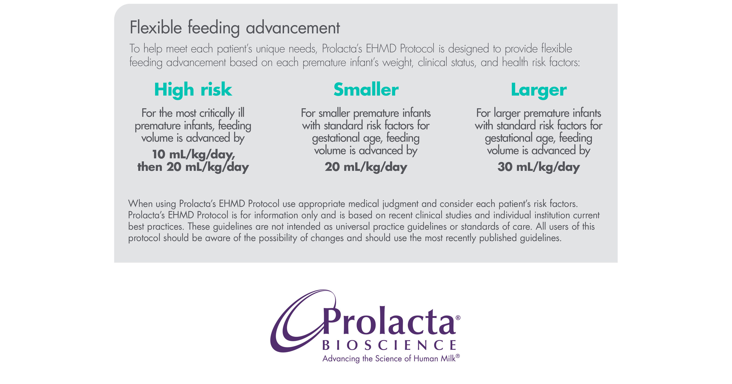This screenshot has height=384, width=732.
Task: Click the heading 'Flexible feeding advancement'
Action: [x=234, y=28]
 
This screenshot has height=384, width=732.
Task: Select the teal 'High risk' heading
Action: [x=193, y=90]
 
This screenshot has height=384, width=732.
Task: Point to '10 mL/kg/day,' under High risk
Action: [x=194, y=155]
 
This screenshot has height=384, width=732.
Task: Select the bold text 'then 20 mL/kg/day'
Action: [x=193, y=167]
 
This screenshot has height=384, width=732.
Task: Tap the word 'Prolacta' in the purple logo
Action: [x=389, y=322]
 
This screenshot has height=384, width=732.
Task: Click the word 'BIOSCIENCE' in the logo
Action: [x=389, y=345]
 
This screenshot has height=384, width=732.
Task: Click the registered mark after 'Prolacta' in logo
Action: [x=458, y=318]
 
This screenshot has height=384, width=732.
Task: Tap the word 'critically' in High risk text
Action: [x=217, y=113]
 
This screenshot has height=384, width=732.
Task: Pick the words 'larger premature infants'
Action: [x=547, y=113]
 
